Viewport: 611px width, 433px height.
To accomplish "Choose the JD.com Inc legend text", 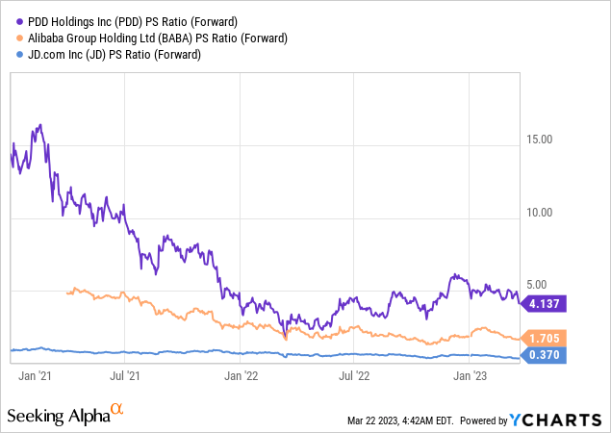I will (x=108, y=54).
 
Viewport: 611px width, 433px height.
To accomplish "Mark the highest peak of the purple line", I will (x=39, y=125).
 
